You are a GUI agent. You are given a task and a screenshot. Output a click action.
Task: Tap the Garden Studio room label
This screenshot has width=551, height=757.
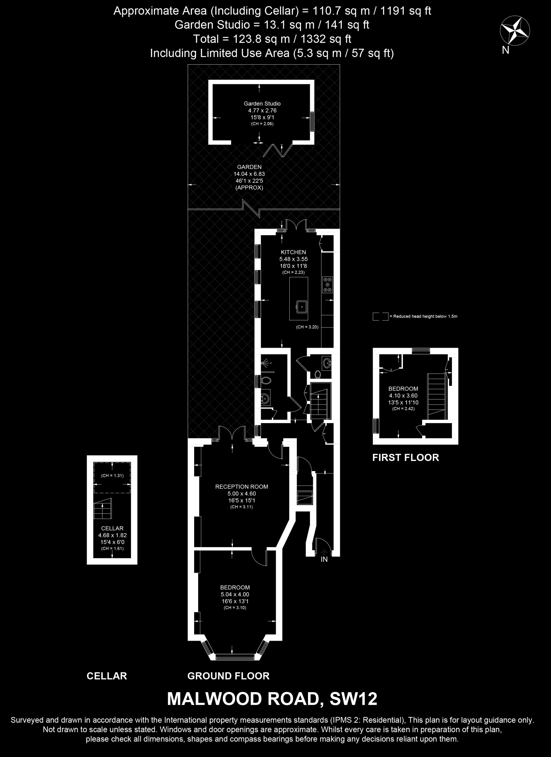[x=262, y=103]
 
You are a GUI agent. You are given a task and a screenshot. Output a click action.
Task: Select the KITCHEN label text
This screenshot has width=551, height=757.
[x=293, y=252]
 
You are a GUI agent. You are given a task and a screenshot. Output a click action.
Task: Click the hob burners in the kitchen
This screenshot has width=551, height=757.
[x=327, y=285]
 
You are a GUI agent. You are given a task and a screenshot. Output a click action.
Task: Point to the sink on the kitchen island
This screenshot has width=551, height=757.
[x=302, y=306]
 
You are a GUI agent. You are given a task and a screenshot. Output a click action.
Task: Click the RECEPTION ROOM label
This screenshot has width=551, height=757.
[x=242, y=487]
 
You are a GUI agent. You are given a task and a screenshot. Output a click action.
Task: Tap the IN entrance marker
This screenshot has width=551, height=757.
[x=324, y=559]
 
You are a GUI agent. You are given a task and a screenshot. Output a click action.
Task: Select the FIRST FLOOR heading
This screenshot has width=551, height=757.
[x=405, y=457]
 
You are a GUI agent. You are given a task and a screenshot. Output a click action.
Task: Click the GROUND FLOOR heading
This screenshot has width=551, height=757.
[x=228, y=676]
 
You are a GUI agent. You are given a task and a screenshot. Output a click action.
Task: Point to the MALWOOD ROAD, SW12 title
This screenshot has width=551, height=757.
[x=272, y=699]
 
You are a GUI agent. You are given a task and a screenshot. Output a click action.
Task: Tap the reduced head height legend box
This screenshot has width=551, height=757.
[x=381, y=316]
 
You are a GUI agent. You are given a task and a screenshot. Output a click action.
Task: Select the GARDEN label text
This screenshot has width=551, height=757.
[x=249, y=167]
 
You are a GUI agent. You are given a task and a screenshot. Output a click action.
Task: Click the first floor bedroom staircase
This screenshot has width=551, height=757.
[x=437, y=396]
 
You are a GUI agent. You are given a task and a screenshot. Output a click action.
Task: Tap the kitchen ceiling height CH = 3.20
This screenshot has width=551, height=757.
[x=307, y=327]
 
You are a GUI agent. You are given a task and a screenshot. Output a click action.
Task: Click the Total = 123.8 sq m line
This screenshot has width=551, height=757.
[x=272, y=39]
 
